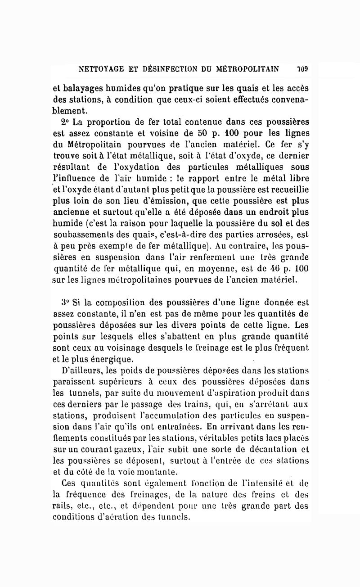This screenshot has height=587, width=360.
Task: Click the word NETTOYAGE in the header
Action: coord(99,69)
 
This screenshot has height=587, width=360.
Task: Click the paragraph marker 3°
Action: coord(67,300)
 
